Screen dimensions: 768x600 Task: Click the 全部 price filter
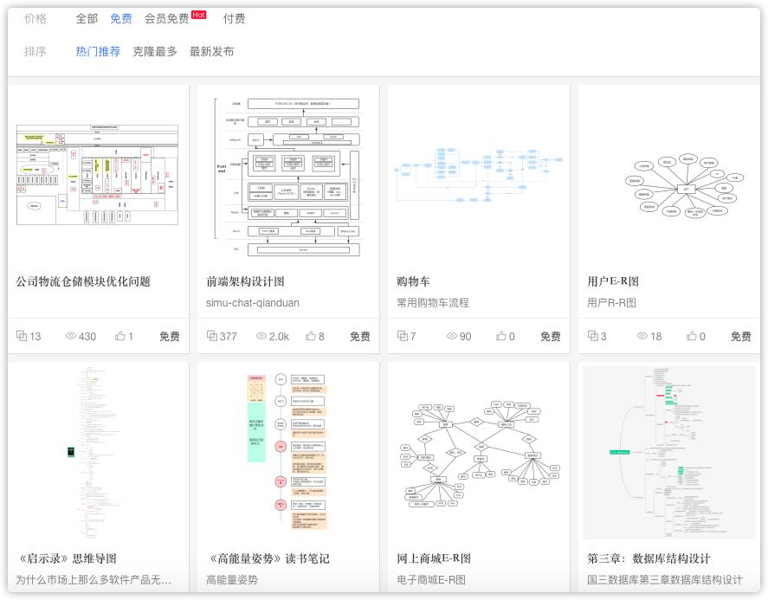[87, 18]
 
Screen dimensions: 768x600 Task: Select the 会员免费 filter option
[166, 18]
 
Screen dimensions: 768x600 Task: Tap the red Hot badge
[199, 15]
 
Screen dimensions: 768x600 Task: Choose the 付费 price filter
[234, 18]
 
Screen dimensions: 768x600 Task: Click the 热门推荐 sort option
[98, 52]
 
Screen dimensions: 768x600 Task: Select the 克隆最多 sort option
[155, 52]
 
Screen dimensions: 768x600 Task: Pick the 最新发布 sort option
[211, 52]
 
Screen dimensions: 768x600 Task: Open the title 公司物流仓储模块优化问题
[83, 281]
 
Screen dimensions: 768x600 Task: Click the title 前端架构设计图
[245, 281]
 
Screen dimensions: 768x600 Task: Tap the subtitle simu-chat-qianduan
[253, 303]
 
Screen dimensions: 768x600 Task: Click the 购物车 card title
[413, 281]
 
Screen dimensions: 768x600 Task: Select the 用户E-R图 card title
[613, 281]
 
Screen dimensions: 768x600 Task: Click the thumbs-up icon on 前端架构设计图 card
[311, 336]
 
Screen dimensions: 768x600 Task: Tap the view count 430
[87, 337]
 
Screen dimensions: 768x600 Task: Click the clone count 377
[228, 337]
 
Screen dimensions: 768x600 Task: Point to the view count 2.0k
[279, 337]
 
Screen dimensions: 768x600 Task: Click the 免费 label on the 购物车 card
[550, 337]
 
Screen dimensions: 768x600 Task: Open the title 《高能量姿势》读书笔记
[268, 558]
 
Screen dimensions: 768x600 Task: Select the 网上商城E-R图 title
[434, 558]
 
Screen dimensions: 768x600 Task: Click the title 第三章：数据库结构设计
[649, 558]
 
